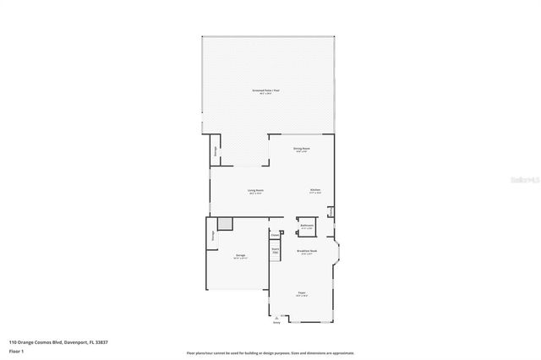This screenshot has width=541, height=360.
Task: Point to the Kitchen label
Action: (315, 191)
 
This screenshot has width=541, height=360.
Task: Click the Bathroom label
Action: (307, 225)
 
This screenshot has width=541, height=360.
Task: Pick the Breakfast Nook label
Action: (306, 251)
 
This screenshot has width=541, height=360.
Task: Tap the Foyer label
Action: (301, 293)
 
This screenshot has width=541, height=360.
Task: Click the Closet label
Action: (276, 235)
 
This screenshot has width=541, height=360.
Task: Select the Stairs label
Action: (276, 249)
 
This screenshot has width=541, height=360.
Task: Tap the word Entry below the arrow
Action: (276, 321)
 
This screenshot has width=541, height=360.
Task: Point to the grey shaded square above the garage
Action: (225, 223)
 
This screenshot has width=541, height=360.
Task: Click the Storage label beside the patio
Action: (215, 150)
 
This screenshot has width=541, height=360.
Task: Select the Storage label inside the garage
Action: (211, 237)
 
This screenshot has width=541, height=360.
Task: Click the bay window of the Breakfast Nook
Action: (338, 251)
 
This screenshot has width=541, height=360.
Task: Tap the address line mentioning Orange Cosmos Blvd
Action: (58, 342)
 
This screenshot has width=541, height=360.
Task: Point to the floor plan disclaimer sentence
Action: (270, 352)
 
